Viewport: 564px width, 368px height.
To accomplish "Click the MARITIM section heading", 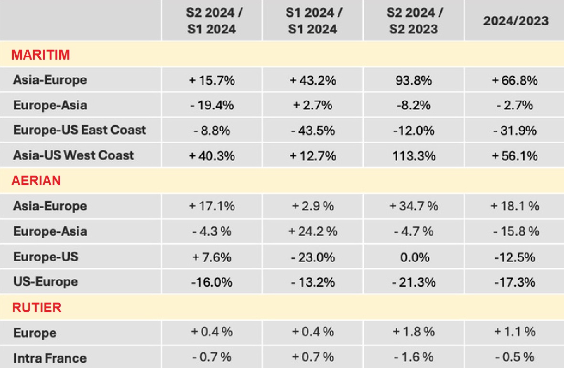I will pyautogui.click(x=41, y=55).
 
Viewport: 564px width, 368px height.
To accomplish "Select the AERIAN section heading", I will pyautogui.click(x=36, y=181).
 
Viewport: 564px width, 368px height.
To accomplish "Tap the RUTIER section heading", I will pyautogui.click(x=37, y=307).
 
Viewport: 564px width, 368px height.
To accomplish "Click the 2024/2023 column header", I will pyautogui.click(x=516, y=21).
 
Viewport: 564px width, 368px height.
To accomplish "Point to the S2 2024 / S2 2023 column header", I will pyautogui.click(x=414, y=21).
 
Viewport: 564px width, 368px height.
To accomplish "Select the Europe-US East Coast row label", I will pyautogui.click(x=80, y=130).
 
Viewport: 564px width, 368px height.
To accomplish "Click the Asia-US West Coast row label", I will pyautogui.click(x=74, y=155).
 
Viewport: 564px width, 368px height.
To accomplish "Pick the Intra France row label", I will pyautogui.click(x=50, y=358).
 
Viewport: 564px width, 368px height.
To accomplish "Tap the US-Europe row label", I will pyautogui.click(x=45, y=282).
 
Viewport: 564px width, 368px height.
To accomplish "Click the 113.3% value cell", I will pyautogui.click(x=414, y=156).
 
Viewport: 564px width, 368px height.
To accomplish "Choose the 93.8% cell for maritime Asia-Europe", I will pyautogui.click(x=414, y=80).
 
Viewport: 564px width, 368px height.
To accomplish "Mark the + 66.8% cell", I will pyautogui.click(x=515, y=80).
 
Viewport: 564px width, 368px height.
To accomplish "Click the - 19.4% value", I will pyautogui.click(x=212, y=105).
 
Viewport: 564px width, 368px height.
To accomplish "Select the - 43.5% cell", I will pyautogui.click(x=313, y=130).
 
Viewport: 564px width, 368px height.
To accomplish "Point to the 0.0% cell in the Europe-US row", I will pyautogui.click(x=414, y=257).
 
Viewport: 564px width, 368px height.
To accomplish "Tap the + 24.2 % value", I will pyautogui.click(x=313, y=231).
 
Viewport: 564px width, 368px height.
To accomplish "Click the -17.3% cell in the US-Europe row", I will pyautogui.click(x=515, y=282).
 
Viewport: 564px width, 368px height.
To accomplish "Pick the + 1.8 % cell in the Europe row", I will pyautogui.click(x=414, y=332).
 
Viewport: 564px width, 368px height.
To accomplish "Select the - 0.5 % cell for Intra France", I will pyautogui.click(x=515, y=357).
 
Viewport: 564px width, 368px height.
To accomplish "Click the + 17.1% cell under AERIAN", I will pyautogui.click(x=212, y=206).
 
